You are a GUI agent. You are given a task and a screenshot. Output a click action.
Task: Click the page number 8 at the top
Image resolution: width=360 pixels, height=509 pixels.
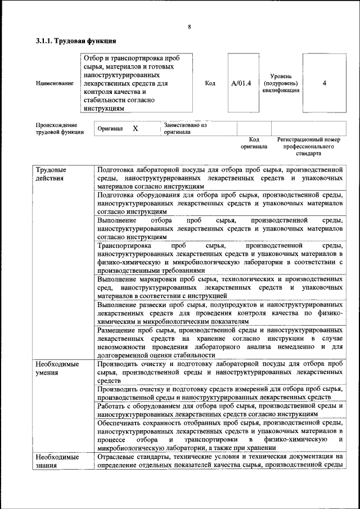(189, 27)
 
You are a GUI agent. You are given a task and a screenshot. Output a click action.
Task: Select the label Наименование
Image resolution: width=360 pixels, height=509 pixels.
(55, 83)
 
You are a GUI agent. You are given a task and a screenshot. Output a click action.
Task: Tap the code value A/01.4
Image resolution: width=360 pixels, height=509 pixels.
(241, 83)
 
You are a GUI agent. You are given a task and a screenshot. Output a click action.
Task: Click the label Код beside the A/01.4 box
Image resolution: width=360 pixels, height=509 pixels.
(210, 83)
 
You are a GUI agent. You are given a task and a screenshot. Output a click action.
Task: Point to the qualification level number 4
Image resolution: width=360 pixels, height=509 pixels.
(324, 83)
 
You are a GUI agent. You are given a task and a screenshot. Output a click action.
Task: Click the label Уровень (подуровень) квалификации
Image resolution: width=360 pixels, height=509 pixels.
(280, 83)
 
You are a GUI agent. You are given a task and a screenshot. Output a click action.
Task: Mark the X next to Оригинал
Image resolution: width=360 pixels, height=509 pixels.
(135, 129)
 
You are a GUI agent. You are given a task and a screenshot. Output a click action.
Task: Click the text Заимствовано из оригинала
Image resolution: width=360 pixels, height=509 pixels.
(185, 129)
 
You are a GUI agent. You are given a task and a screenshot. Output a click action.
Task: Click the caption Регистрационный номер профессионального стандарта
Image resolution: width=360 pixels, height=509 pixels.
(309, 146)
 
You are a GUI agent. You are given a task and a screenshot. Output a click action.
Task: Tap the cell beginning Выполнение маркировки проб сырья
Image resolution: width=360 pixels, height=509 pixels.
(219, 286)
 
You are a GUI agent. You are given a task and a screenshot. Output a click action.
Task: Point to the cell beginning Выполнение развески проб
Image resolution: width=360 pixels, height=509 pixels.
(219, 312)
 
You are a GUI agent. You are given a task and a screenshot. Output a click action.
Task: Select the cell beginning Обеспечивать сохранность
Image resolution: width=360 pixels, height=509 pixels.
(219, 435)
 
